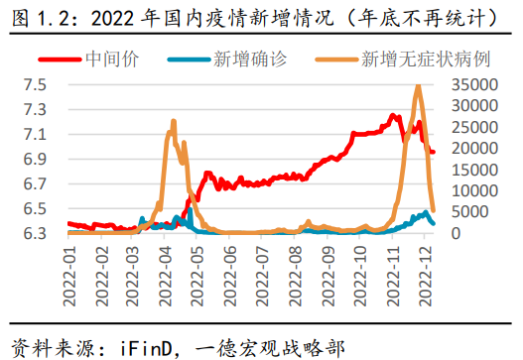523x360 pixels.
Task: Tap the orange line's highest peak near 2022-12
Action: pos(418,86)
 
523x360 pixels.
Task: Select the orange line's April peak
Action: pos(174,122)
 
